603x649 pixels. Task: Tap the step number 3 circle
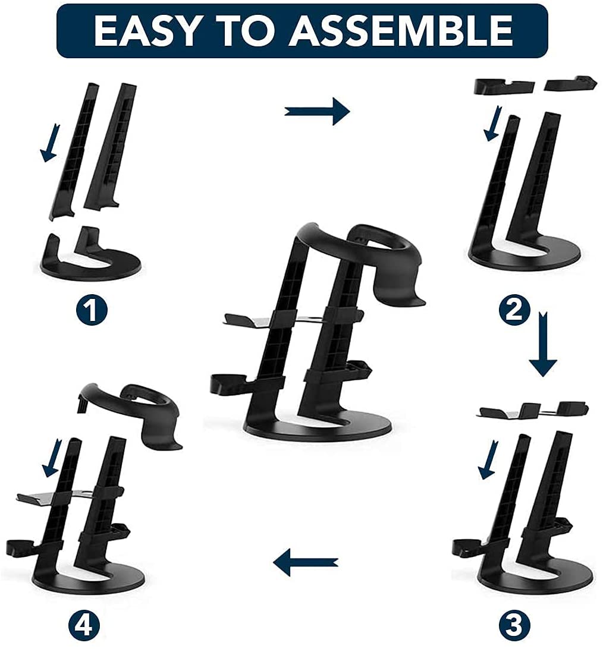tap(514, 625)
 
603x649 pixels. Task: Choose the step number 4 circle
tap(84, 625)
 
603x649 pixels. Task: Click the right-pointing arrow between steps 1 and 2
tap(317, 111)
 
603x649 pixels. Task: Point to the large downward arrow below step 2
tap(543, 344)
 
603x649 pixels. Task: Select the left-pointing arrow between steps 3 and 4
tap(306, 562)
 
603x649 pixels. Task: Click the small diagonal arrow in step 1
tap(50, 143)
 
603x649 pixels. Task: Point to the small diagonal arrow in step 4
tap(52, 458)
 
